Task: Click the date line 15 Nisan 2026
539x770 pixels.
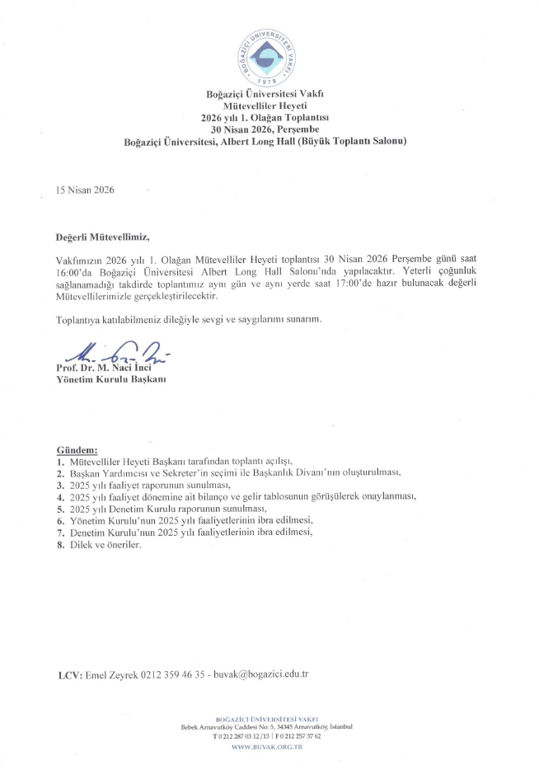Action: tap(85, 190)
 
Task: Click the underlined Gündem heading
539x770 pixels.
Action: tap(77, 450)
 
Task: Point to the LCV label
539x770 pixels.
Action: tap(69, 674)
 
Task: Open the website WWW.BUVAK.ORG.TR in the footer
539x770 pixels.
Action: tap(265, 746)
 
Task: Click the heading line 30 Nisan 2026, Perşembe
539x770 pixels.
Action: tap(265, 129)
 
